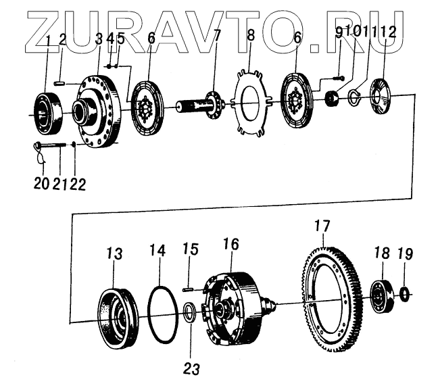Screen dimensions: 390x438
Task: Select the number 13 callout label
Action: pos(114,253)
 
